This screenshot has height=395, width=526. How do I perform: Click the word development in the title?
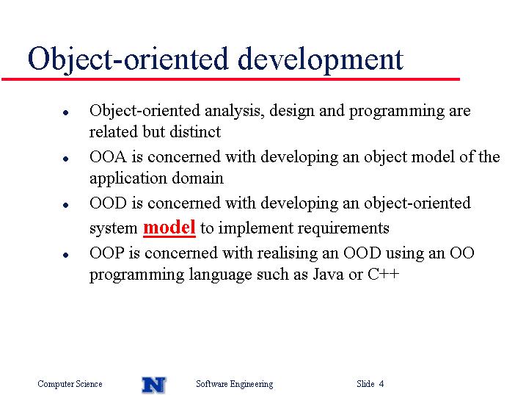point(321,59)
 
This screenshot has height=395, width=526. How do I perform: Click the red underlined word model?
point(169,228)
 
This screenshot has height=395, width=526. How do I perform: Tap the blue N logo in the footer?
point(154,385)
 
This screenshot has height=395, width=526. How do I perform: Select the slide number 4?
point(381,383)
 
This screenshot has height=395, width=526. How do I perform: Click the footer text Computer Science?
point(70,384)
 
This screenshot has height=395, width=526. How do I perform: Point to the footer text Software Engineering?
point(235,384)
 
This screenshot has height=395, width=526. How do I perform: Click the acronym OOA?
point(108,156)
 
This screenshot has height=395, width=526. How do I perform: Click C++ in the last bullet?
point(384,274)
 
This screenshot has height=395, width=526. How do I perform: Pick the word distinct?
point(195,131)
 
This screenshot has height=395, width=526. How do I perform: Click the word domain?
point(197,178)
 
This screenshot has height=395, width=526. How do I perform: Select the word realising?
point(287,253)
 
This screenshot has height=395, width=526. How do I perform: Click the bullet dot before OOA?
point(66,159)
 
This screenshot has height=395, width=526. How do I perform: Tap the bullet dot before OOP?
point(66,255)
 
